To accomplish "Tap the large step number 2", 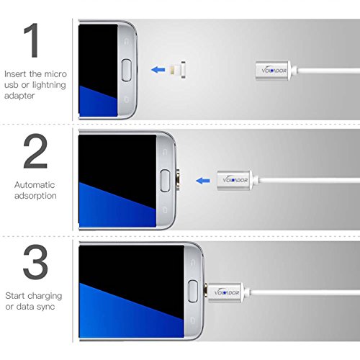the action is coord(35,151).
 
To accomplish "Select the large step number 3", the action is coord(35,262).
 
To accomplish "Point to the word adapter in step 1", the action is coord(19,96).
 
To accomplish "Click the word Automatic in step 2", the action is coord(35,185).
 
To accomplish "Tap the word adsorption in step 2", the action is coord(35,196).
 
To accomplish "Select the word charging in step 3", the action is coord(44,296).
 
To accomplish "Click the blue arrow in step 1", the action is coord(158,70).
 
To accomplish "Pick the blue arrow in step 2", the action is coord(203,181).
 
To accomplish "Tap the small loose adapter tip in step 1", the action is coord(178,70).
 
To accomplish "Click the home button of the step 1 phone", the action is coord(126,70).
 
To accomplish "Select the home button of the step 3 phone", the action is coord(193,291).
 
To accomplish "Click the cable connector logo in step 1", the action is coord(274,71).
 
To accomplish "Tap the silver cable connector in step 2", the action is coord(235,181).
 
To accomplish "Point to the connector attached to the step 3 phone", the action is coord(225,292).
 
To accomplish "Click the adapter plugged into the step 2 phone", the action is coord(178,181).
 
